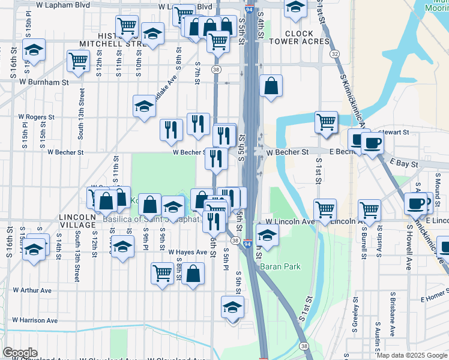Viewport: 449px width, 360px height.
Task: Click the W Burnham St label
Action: point(44,81)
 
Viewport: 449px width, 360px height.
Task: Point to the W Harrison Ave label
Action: point(35,320)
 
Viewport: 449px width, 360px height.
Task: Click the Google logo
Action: point(20,352)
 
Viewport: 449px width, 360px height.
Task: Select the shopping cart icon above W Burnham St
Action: point(79,60)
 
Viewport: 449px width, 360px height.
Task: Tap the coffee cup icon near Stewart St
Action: point(372,142)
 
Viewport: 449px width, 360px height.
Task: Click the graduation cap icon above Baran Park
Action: point(267,235)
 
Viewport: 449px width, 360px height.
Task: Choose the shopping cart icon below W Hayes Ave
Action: point(162,273)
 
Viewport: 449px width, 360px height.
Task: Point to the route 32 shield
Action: point(334,54)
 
